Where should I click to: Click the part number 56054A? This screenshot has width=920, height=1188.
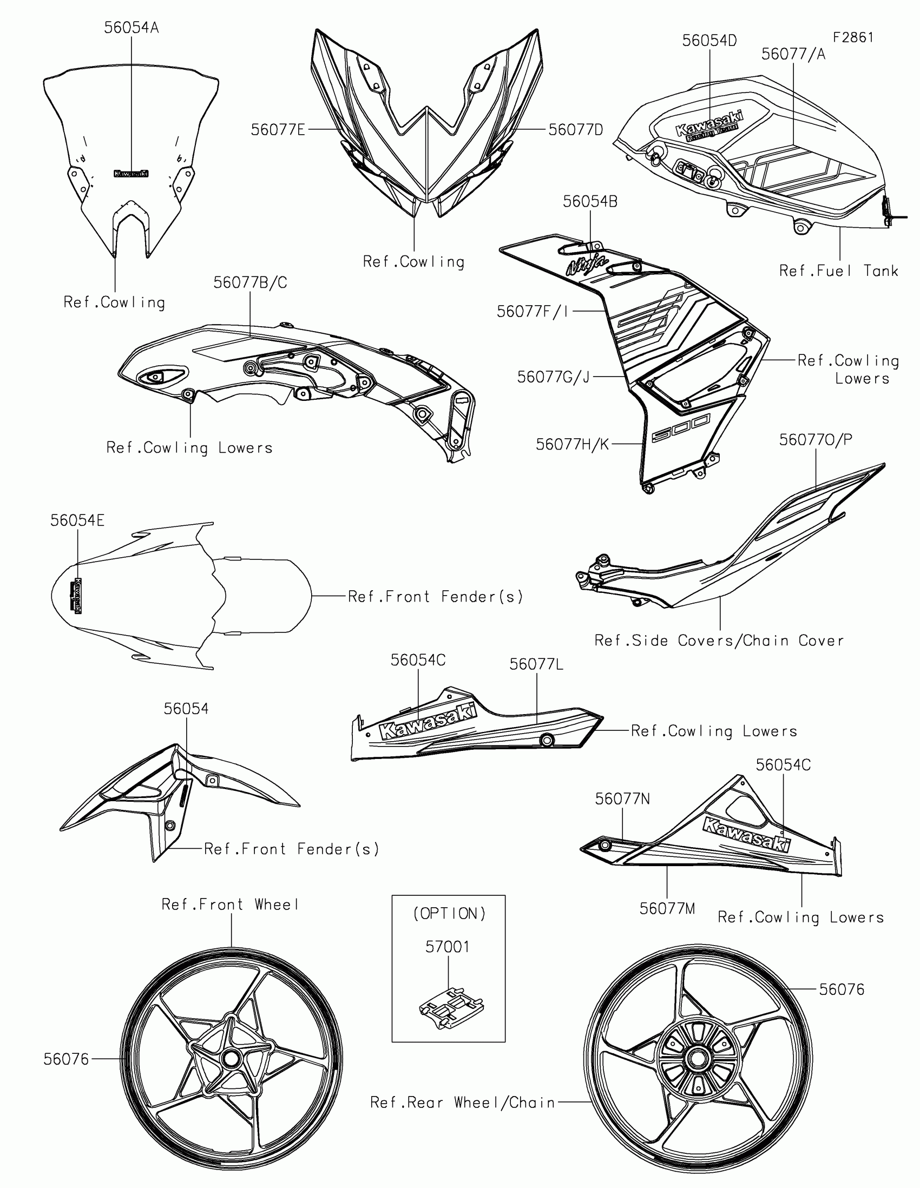coord(131,28)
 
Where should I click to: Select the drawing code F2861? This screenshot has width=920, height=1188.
coord(852,37)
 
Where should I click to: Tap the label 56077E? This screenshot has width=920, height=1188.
coord(278,130)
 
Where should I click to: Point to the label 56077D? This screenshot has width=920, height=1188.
coord(576,130)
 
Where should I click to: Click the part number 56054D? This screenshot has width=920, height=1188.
coord(709,41)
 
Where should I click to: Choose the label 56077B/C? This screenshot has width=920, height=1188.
coord(249,283)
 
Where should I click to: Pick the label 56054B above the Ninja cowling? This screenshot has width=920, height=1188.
coord(590,202)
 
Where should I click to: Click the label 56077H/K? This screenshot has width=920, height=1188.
coord(573,444)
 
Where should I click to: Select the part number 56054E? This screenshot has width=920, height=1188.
coord(77,520)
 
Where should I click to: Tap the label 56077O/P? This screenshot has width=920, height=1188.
coord(816,439)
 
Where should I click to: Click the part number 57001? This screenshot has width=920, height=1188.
coord(447,947)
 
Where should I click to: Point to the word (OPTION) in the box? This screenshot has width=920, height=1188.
coord(449,913)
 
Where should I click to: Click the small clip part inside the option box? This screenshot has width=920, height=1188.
coord(451,1006)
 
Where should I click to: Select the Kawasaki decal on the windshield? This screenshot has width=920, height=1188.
coord(130,174)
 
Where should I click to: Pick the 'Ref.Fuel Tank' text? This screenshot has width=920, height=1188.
coord(838,271)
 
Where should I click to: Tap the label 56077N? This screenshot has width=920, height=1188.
coord(622,799)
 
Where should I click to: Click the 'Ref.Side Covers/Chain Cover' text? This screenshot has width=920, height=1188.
coord(719,641)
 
